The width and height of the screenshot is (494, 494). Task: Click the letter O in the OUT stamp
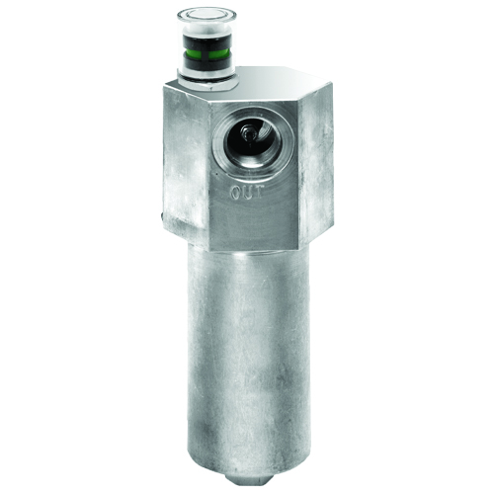coord(235,192)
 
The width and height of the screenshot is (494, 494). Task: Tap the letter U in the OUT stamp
coord(247,192)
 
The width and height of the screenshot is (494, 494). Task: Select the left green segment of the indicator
coord(192,51)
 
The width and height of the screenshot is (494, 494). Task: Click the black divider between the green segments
coord(205,52)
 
